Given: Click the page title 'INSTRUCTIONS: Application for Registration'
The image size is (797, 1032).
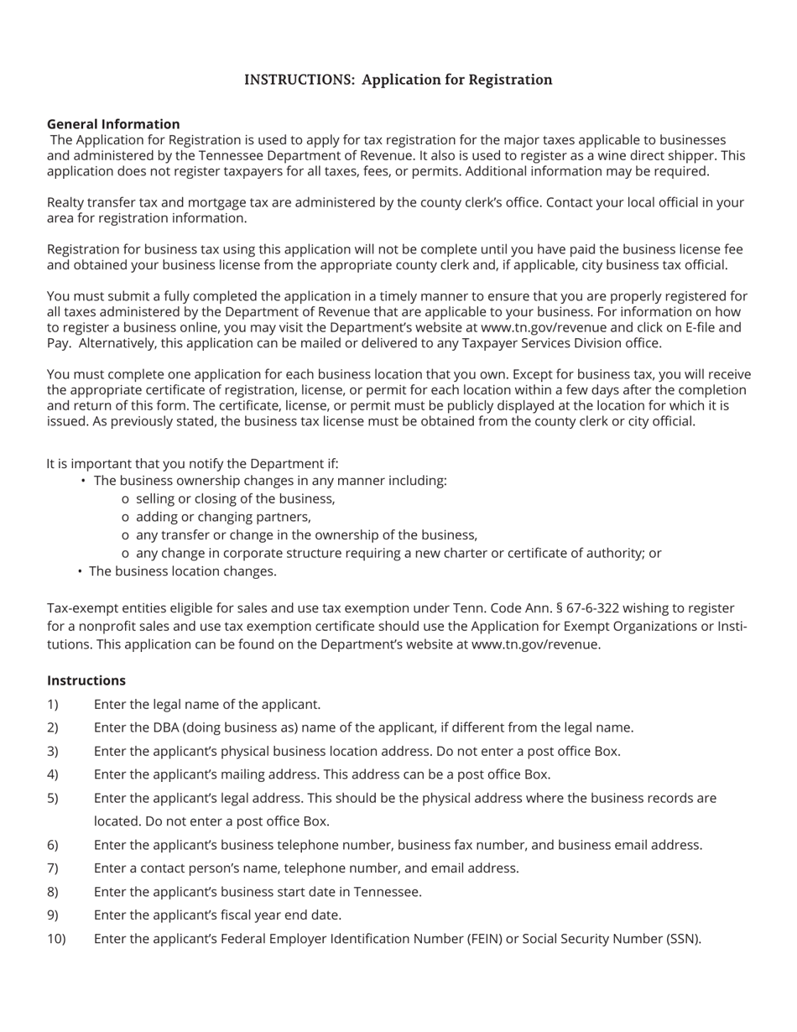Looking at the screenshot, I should point(398,80).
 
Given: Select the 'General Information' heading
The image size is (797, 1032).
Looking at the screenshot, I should point(113,124).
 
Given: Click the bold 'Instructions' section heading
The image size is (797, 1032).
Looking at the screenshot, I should point(86,680).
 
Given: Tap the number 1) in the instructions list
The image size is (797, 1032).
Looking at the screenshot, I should point(53,705).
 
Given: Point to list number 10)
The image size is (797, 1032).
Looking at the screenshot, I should point(56,939).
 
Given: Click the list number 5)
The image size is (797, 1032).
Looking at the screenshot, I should point(53,799).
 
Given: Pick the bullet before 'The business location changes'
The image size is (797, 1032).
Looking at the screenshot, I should point(80,571).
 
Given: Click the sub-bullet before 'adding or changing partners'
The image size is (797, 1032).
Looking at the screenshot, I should point(125,518).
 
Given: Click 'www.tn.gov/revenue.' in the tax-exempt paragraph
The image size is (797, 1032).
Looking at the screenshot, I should point(536,645).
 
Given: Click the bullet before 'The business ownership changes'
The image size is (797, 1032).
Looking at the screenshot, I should point(84,482).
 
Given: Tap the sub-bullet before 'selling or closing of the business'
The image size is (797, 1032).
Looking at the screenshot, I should point(125,499).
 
